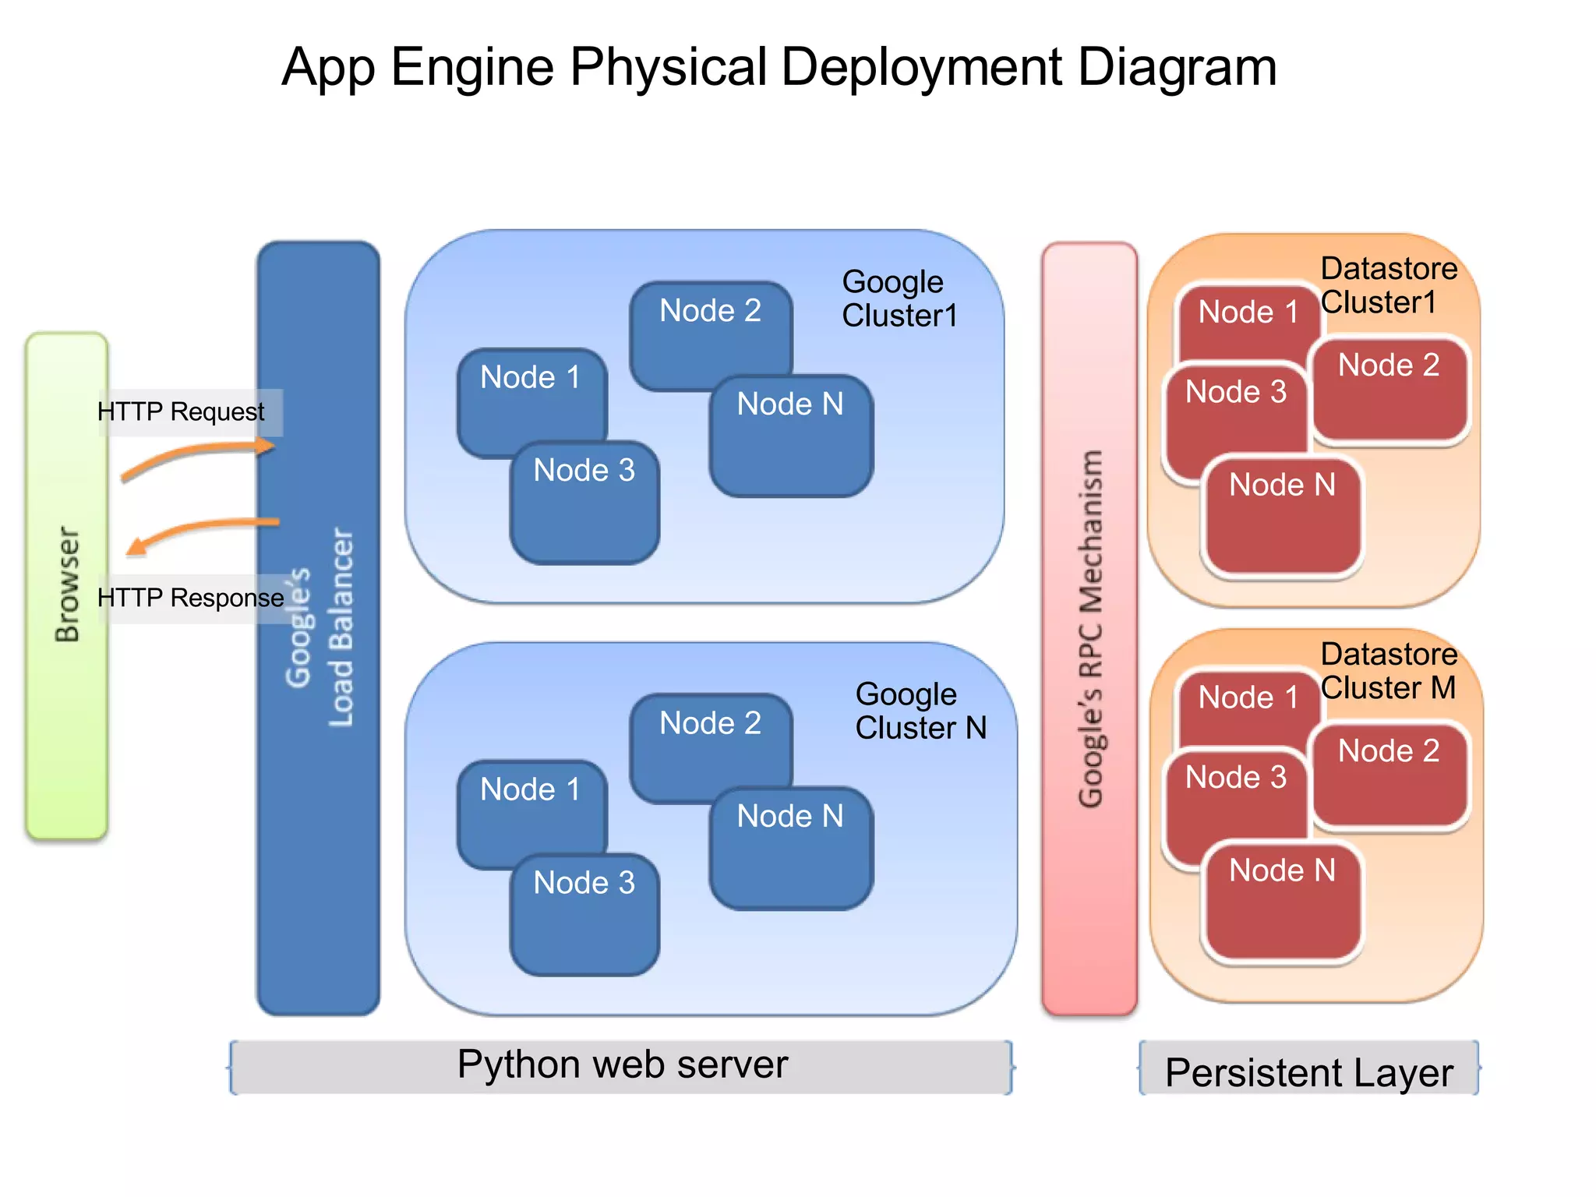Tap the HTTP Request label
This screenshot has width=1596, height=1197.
(x=181, y=411)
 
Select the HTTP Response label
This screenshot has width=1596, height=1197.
(x=190, y=598)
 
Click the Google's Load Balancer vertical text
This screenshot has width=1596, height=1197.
(x=320, y=627)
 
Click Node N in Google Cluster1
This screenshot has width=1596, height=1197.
(x=790, y=436)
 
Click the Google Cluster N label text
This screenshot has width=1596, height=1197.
(x=920, y=711)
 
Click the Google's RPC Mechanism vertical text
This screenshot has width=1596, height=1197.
(x=1090, y=627)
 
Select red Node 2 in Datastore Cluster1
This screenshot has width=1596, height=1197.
(x=1389, y=390)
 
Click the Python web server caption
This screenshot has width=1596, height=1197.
(x=622, y=1065)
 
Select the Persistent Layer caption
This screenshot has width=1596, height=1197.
(x=1309, y=1072)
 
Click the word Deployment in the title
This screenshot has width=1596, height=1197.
(x=922, y=67)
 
